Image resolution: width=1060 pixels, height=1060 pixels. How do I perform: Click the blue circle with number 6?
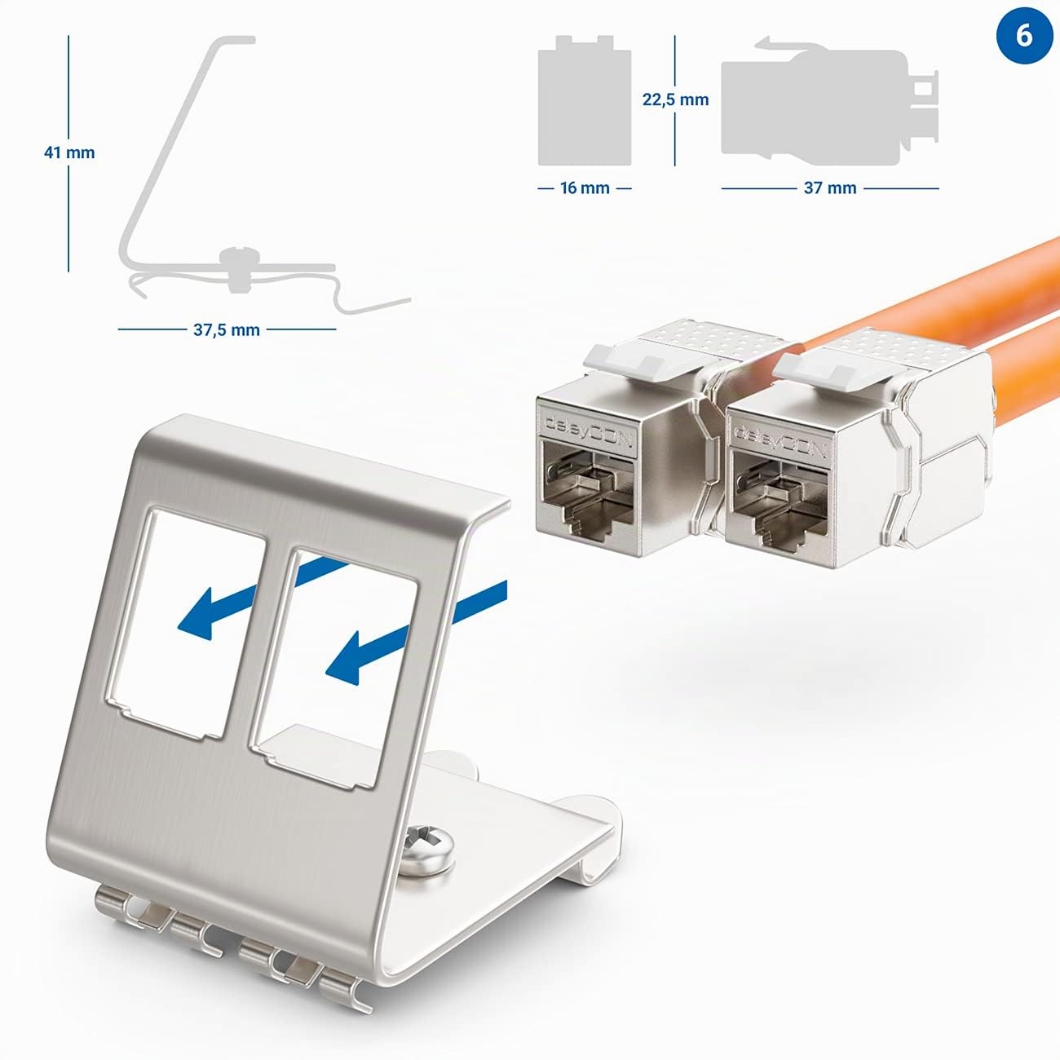tap(1023, 37)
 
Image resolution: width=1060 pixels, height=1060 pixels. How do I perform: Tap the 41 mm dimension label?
tap(69, 152)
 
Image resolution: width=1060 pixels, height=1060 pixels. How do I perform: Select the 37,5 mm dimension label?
tap(226, 330)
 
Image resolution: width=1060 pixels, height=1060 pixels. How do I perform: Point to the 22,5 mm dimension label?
tap(675, 99)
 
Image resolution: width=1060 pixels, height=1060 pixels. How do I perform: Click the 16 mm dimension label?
tap(585, 188)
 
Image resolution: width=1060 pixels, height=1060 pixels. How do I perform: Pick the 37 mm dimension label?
tap(830, 188)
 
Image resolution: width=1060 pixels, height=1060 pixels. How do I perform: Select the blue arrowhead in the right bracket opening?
tap(347, 659)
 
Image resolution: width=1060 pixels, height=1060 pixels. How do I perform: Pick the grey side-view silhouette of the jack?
tap(829, 102)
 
